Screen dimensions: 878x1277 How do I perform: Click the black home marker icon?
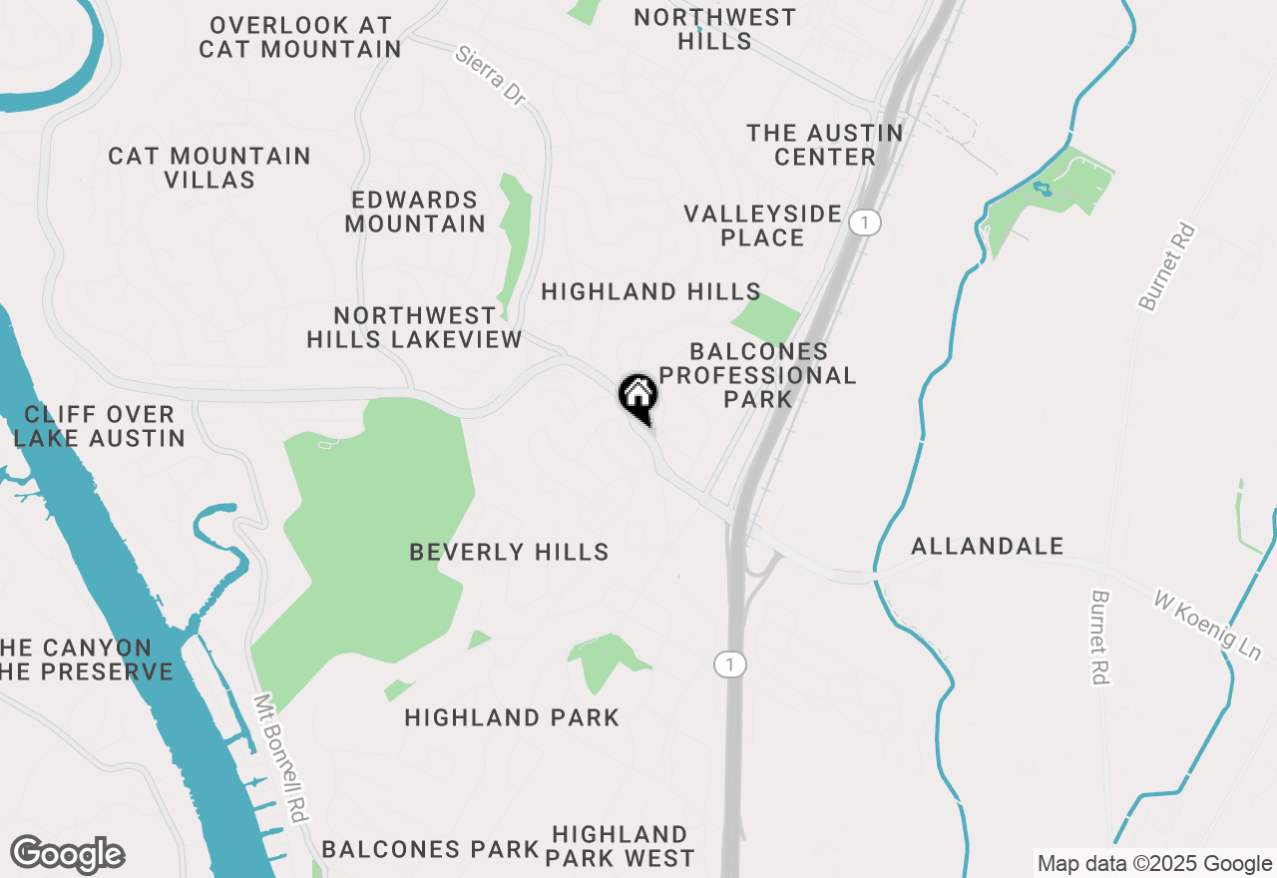tap(638, 396)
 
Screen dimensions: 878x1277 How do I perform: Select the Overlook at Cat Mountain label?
tap(300, 37)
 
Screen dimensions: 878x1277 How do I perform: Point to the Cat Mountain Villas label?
tap(210, 168)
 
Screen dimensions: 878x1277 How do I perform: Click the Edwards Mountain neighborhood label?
tap(415, 212)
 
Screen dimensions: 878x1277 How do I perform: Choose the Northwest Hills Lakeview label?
tap(414, 327)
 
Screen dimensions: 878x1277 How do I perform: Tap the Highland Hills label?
tap(650, 291)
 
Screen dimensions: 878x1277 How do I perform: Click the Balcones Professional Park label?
tap(758, 375)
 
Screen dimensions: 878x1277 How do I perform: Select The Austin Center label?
tap(825, 145)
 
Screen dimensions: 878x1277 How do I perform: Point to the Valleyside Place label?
tap(763, 225)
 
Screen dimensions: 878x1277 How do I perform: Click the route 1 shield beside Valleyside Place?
tap(865, 221)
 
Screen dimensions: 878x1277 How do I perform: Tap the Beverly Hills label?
tap(509, 552)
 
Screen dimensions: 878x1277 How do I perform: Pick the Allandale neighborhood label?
tap(988, 546)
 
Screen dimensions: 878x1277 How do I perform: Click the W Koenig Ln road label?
tap(1207, 626)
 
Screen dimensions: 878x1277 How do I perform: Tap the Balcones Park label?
tap(430, 849)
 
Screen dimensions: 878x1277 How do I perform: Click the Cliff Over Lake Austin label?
tap(100, 426)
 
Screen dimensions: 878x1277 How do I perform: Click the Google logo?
tap(67, 854)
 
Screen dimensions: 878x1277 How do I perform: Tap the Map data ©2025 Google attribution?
tap(1154, 864)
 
